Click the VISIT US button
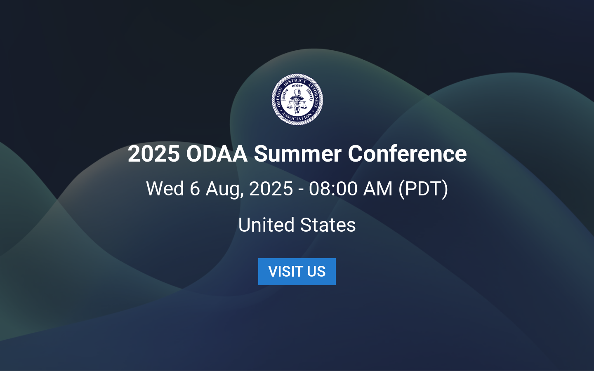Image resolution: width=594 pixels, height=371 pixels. (297, 272)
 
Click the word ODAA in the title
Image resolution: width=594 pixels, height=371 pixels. (217, 154)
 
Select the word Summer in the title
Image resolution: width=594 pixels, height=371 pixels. (297, 154)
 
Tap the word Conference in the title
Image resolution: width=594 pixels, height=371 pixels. (407, 154)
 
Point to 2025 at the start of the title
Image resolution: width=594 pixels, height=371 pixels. (153, 154)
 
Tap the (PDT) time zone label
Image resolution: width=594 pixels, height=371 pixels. (423, 189)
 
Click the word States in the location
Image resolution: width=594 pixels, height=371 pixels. (328, 225)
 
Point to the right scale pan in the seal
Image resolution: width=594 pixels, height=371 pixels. (306, 106)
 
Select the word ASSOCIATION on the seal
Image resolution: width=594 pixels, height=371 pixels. (297, 119)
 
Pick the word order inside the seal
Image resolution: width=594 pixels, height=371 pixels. (297, 86)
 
